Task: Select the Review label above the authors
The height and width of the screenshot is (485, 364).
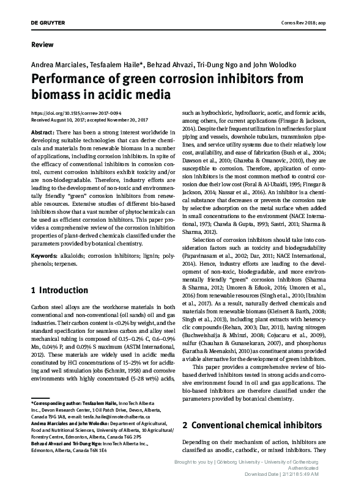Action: (40, 45)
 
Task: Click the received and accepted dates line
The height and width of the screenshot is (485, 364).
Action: (91, 120)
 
